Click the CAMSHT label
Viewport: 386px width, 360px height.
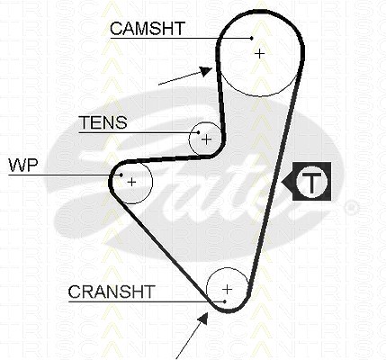[x=147, y=28]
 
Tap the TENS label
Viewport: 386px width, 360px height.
[x=103, y=122]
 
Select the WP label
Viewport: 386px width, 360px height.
[x=23, y=165]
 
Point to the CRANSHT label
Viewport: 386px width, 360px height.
[x=112, y=292]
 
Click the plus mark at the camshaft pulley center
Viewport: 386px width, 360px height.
[x=260, y=54]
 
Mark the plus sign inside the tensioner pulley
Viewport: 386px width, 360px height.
[x=207, y=139]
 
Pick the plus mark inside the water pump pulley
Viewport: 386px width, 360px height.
[x=131, y=182]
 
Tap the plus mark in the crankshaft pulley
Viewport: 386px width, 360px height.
[x=228, y=290]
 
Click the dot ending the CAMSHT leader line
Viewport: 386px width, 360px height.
[x=252, y=38]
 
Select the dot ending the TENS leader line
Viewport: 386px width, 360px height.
[x=199, y=132]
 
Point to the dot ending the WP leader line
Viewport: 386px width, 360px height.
[x=121, y=175]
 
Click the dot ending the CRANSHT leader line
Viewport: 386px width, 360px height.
[x=224, y=301]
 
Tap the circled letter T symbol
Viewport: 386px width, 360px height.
[x=312, y=182]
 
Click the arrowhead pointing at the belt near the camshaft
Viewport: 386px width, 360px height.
[x=207, y=71]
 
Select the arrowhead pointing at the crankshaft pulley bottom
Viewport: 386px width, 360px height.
[x=203, y=319]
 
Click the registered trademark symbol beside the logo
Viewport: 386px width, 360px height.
[x=351, y=208]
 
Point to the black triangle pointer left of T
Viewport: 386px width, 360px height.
[x=287, y=182]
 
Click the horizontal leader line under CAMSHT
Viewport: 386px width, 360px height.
[x=181, y=38]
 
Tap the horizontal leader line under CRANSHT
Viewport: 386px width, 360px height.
[x=147, y=301]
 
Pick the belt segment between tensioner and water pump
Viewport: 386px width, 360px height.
[x=168, y=158]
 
